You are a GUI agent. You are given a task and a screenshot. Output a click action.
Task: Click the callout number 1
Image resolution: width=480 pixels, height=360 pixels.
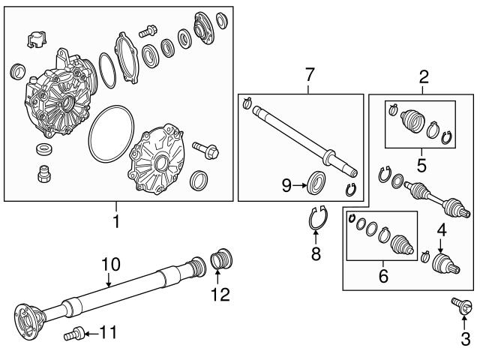(116, 222)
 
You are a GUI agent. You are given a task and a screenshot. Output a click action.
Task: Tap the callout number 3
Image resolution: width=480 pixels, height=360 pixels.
(465, 339)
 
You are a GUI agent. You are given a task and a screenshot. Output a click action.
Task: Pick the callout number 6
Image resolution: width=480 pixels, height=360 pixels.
(383, 277)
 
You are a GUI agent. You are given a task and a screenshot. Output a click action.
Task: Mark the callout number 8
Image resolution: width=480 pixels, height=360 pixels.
(316, 253)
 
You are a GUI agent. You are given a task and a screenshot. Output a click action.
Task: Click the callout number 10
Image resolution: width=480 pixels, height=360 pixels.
(110, 263)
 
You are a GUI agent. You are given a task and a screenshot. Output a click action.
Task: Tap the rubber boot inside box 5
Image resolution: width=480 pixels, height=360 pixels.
(412, 121)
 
